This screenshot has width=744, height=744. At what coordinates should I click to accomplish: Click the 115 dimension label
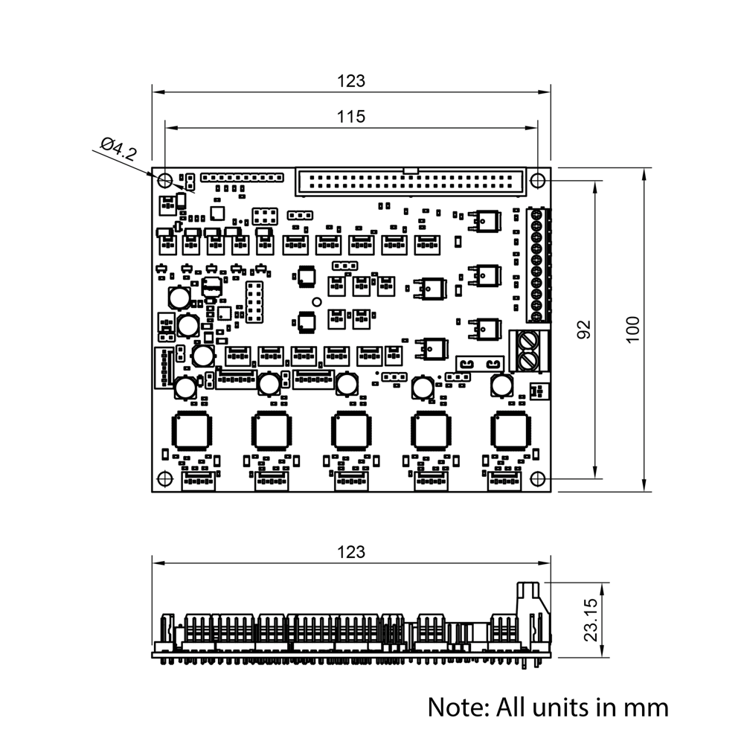pyautogui.click(x=350, y=116)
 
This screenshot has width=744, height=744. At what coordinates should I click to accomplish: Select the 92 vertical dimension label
pyautogui.click(x=584, y=330)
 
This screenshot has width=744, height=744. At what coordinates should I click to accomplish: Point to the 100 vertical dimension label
pyautogui.click(x=632, y=330)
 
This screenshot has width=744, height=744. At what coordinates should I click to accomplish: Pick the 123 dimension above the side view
pyautogui.click(x=351, y=552)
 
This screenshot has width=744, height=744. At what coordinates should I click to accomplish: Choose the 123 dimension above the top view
pyautogui.click(x=351, y=80)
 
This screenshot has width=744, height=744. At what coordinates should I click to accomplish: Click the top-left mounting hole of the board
pyautogui.click(x=164, y=180)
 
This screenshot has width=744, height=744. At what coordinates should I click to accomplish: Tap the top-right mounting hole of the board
pyautogui.click(x=537, y=180)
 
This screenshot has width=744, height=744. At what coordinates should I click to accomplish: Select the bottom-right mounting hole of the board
pyautogui.click(x=537, y=478)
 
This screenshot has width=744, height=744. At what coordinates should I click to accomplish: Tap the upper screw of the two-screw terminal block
pyautogui.click(x=528, y=341)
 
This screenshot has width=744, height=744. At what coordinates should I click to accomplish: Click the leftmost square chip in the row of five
pyautogui.click(x=193, y=431)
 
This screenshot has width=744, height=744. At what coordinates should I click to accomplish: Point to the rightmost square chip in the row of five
pyautogui.click(x=510, y=431)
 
